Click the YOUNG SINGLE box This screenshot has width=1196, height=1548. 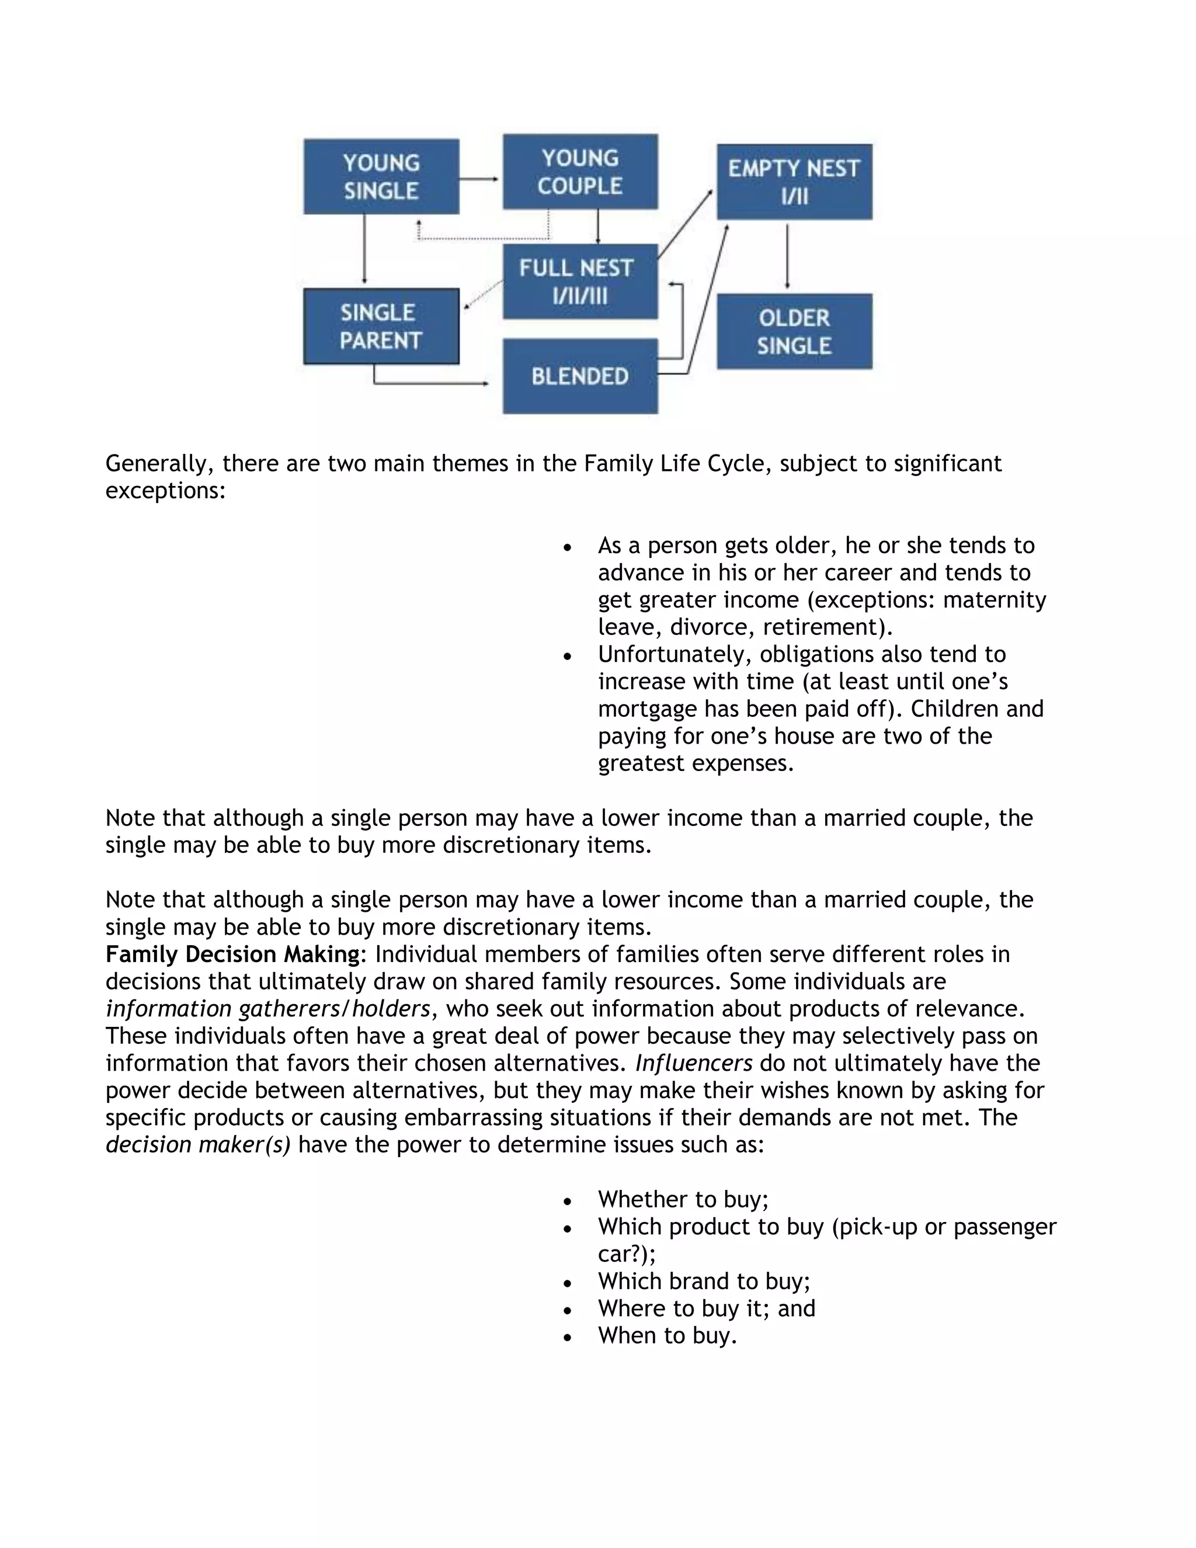point(381,176)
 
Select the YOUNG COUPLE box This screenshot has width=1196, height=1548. point(579,172)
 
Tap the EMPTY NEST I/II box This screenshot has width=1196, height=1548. point(794,182)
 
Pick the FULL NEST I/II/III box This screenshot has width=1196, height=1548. point(579,282)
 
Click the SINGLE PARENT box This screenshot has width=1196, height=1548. point(381,326)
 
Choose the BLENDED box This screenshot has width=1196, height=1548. point(579,376)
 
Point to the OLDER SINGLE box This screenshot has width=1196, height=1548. point(794,331)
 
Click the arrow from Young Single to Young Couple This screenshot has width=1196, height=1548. point(479,179)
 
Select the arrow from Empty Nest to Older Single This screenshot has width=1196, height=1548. point(787,255)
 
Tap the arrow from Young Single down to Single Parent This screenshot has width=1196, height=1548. point(364,249)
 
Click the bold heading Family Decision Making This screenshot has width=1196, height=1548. point(232,954)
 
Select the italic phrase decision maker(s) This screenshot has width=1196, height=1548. point(198,1145)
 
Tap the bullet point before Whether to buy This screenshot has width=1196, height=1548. point(567,1200)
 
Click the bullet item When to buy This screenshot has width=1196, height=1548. point(667,1335)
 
